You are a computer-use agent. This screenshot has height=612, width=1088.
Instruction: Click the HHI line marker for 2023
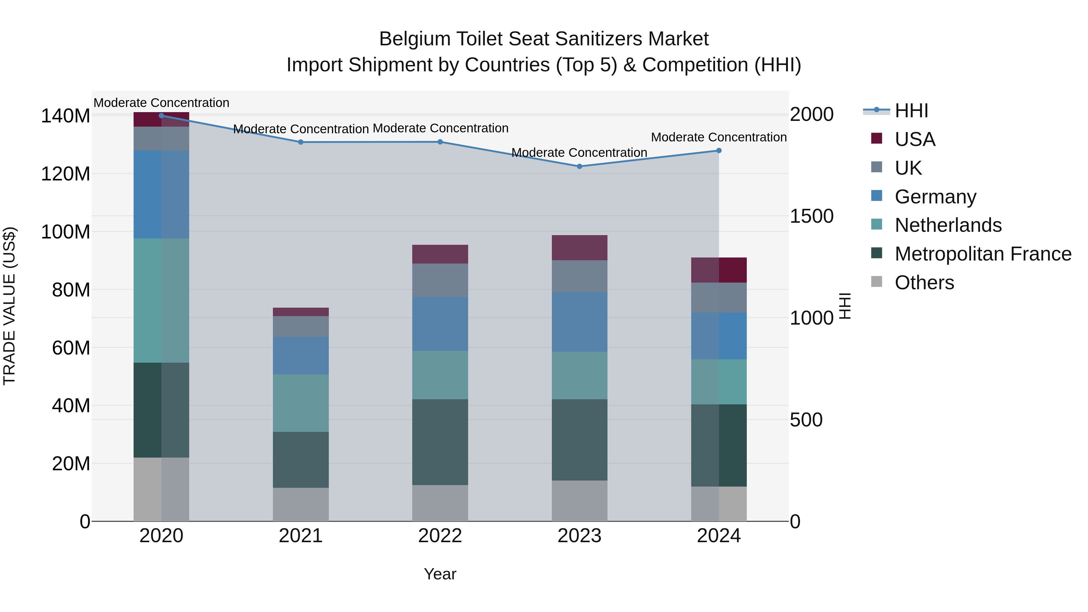(x=579, y=167)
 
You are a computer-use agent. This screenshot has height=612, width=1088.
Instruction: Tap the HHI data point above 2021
(x=301, y=142)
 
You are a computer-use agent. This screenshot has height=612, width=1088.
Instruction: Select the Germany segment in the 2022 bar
(x=440, y=324)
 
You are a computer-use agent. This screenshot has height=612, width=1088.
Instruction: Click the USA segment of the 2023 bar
(x=579, y=248)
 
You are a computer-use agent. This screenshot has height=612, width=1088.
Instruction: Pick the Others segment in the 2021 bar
(x=301, y=504)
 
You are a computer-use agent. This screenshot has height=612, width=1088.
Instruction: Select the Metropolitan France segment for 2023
(x=579, y=440)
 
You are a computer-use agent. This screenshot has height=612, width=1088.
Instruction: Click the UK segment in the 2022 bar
(x=440, y=280)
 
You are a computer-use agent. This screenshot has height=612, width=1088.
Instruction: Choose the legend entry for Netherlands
(x=948, y=225)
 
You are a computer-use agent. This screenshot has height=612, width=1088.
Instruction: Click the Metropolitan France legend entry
(x=983, y=254)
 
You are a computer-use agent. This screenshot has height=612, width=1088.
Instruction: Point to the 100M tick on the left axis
(x=66, y=232)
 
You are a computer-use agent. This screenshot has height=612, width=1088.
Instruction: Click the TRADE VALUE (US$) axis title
(x=9, y=306)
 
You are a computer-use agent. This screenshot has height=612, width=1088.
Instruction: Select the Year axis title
(x=440, y=574)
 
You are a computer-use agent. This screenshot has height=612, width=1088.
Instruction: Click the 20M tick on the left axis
(x=71, y=464)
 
